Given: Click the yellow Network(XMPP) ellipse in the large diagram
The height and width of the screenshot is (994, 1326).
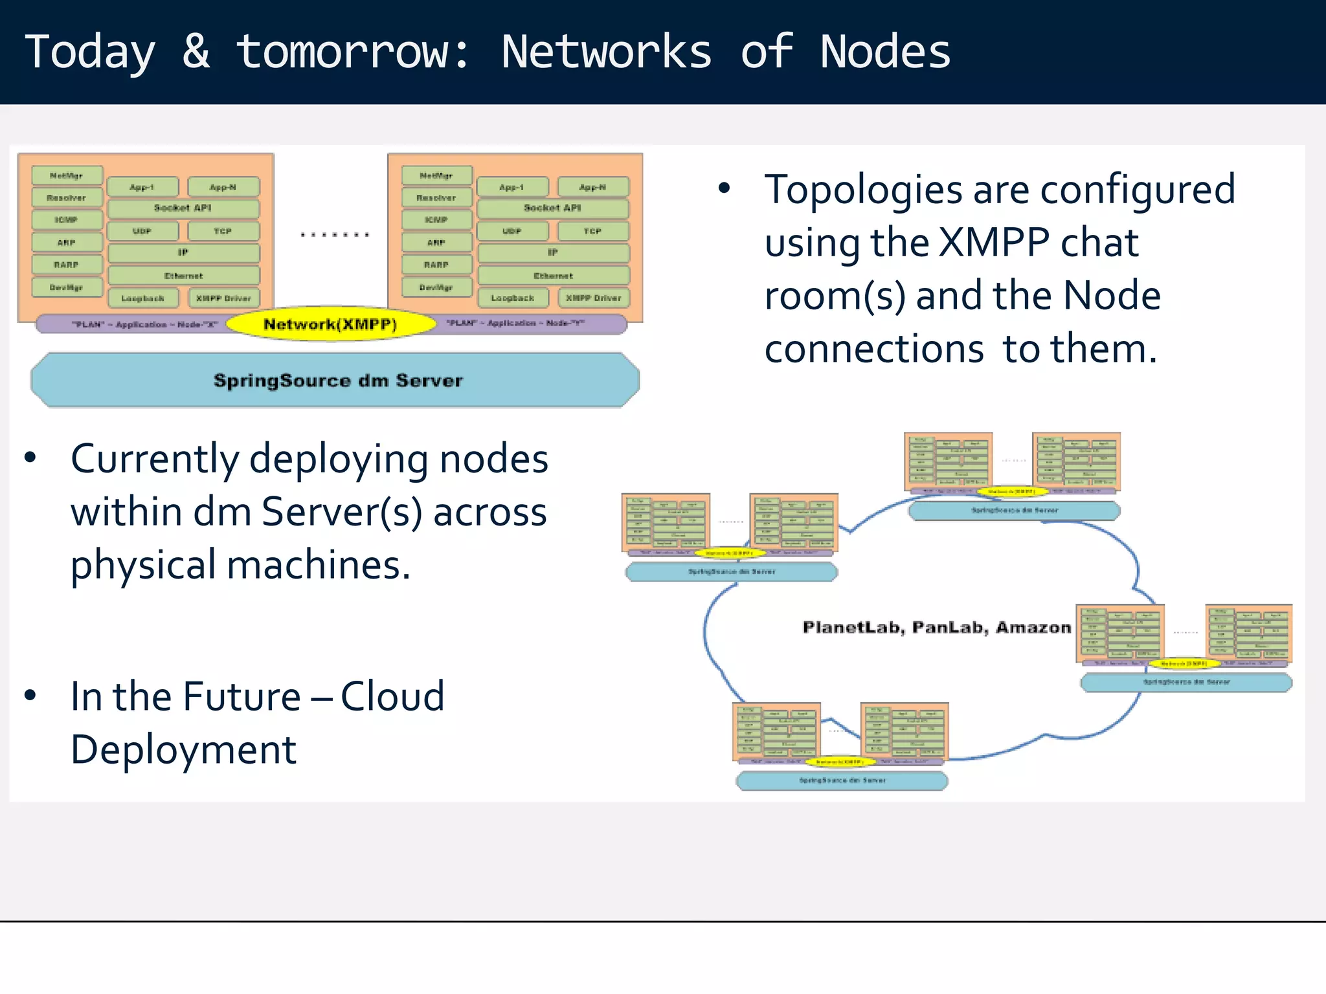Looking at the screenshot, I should tap(330, 324).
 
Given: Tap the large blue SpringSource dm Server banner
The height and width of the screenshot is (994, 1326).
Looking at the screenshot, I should tap(337, 381).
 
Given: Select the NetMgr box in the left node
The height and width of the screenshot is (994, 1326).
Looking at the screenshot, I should tap(67, 175).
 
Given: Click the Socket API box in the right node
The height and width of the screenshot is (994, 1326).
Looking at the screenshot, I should tap(552, 208).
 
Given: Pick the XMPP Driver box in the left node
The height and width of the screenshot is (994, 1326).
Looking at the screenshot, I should tap(223, 298).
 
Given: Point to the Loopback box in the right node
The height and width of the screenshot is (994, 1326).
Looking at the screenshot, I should tap(512, 298).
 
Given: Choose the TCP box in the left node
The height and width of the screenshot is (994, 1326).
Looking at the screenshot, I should tap(223, 231).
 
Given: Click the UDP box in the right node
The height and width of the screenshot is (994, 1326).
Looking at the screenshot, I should tap(511, 231).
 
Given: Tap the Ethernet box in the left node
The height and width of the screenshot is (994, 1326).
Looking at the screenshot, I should tap(183, 276).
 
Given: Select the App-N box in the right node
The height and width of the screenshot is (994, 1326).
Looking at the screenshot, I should tap(592, 187).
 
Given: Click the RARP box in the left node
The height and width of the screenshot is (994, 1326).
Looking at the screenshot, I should tap(67, 265).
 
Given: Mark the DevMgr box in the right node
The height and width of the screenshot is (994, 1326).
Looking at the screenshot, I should tap(436, 287).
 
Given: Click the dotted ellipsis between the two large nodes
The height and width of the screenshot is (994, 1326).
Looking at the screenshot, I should tap(335, 235).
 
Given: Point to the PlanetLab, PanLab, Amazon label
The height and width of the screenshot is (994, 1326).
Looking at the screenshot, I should tap(936, 627).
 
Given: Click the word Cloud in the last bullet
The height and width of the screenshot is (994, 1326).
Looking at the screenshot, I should tap(392, 697).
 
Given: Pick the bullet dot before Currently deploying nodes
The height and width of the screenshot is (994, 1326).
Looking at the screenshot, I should tap(30, 458).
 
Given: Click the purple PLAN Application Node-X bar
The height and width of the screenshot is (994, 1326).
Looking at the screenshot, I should tap(136, 324).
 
